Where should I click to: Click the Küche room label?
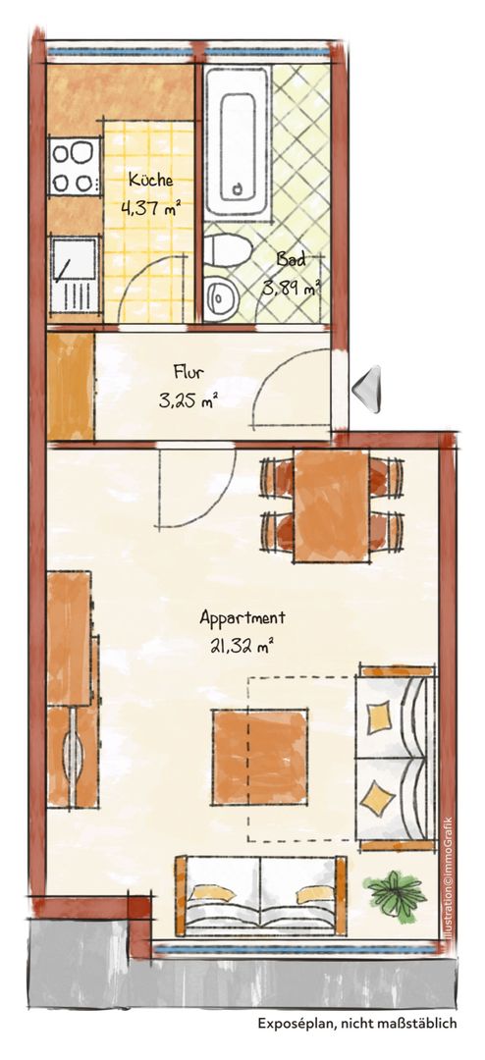151,181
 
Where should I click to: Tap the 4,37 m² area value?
152,208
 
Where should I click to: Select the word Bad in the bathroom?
291,259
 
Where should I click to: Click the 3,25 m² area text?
189,401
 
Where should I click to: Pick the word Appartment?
242,617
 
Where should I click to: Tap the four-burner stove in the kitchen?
74,166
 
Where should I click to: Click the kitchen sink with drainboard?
75,275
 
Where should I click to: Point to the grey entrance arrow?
367,388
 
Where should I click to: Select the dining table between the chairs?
331,505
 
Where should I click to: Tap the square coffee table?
260,757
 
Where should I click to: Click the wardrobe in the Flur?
71,388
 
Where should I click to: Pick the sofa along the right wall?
396,758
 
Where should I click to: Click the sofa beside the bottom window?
260,896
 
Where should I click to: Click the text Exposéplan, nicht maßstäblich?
357,1024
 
